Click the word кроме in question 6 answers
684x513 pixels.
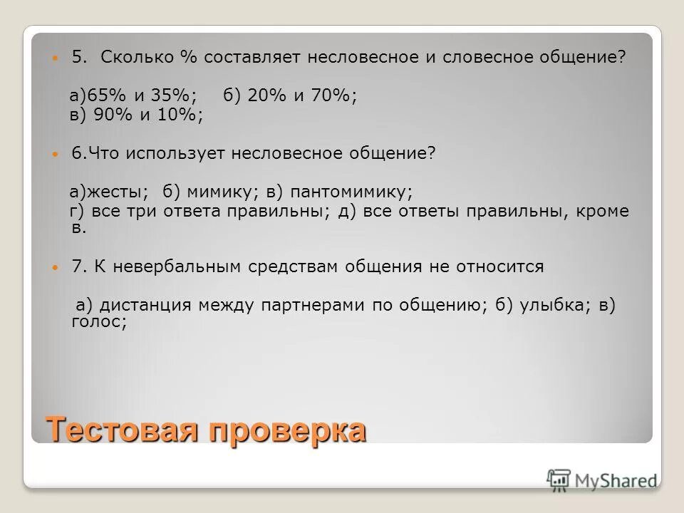(x=604, y=211)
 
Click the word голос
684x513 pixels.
(x=99, y=322)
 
